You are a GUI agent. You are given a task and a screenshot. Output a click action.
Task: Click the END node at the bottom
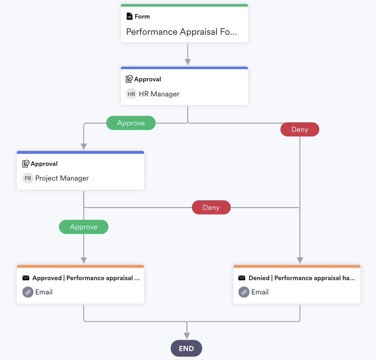pyautogui.click(x=186, y=349)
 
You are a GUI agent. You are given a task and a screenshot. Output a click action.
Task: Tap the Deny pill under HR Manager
pyautogui.click(x=299, y=129)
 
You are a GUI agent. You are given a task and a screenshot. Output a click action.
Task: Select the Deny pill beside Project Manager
pyautogui.click(x=211, y=207)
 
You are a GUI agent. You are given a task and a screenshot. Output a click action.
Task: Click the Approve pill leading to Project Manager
pyautogui.click(x=131, y=123)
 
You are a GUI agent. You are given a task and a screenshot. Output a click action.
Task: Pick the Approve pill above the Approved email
pyautogui.click(x=84, y=227)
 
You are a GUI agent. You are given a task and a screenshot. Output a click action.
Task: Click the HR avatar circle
pyautogui.click(x=131, y=94)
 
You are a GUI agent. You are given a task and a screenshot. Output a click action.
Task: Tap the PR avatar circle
pyautogui.click(x=28, y=178)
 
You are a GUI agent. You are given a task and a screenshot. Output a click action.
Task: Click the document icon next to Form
pyautogui.click(x=129, y=16)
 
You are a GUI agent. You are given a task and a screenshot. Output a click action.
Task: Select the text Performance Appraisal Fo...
pyautogui.click(x=181, y=32)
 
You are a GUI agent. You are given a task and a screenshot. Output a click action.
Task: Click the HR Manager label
pyautogui.click(x=159, y=94)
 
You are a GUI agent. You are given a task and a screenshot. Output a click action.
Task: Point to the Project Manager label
pyautogui.click(x=62, y=178)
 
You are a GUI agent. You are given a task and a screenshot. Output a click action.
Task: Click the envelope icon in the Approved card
pyautogui.click(x=26, y=278)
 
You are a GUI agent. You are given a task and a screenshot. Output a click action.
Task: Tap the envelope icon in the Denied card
pyautogui.click(x=242, y=278)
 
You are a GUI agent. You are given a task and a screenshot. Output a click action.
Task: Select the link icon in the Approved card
pyautogui.click(x=28, y=292)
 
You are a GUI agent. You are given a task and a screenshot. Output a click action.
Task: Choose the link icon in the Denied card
pyautogui.click(x=244, y=292)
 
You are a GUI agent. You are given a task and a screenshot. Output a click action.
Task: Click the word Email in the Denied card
pyautogui.click(x=260, y=292)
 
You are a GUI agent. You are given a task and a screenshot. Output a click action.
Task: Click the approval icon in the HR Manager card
pyautogui.click(x=129, y=79)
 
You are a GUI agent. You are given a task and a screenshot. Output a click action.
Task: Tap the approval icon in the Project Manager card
pyautogui.click(x=26, y=164)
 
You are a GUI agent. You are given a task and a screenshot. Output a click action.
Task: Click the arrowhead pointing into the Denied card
pyautogui.click(x=300, y=260)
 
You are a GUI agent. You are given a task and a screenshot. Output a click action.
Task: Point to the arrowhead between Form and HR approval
pyautogui.click(x=187, y=62)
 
